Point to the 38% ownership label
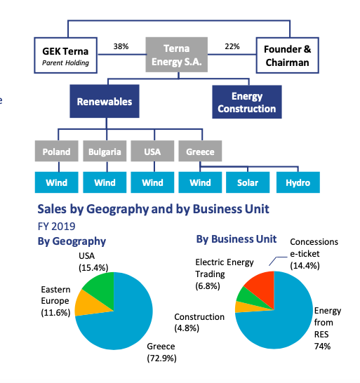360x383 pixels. coord(121,46)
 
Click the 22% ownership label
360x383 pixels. coord(232,46)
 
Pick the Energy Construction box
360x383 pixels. coord(246,102)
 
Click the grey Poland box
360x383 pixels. coord(57,151)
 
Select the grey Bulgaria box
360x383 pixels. coord(105,151)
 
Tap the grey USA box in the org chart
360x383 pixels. coord(152,151)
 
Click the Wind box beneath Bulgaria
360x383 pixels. coord(105,182)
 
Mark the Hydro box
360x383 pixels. coord(297,182)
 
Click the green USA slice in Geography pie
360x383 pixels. coord(102,285)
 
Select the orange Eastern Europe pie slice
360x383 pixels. coord(92,302)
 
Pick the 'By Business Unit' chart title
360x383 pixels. coord(236,239)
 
